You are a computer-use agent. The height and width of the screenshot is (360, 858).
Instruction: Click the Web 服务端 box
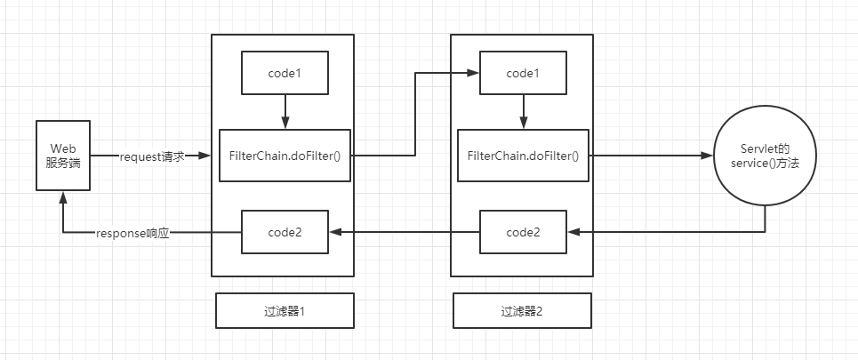point(62,156)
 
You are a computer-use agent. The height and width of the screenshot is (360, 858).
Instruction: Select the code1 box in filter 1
point(285,73)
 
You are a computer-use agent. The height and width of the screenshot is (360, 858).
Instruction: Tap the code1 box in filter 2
point(523,73)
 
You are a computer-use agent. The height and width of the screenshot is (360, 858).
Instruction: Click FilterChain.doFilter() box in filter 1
point(285,156)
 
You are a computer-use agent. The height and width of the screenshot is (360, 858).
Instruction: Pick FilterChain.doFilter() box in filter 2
point(523,156)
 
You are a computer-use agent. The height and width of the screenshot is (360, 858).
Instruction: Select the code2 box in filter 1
point(285,232)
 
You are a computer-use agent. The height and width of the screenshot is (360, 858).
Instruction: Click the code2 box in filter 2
point(523,232)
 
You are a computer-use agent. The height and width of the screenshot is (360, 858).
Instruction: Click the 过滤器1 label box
point(285,312)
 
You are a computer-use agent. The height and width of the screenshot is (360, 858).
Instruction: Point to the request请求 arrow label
point(151,156)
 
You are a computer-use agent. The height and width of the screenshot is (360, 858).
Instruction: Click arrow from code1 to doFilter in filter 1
point(285,111)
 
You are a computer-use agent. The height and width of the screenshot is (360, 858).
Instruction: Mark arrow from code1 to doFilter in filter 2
point(523,111)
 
